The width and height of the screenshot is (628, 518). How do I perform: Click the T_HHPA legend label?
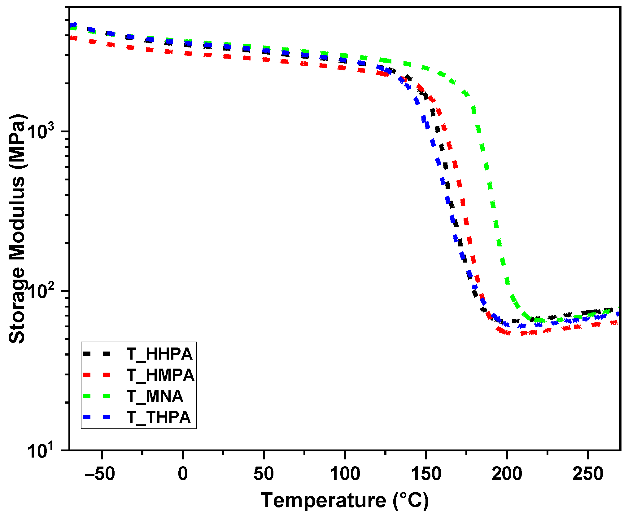[159, 354]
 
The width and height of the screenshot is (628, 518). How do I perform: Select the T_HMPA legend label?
[160, 375]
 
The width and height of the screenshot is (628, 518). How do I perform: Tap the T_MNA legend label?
[155, 396]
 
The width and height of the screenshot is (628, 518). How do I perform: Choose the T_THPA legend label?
[159, 417]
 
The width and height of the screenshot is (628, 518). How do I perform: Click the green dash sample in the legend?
[97, 396]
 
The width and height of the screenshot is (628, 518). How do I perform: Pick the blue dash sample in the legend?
[97, 417]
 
